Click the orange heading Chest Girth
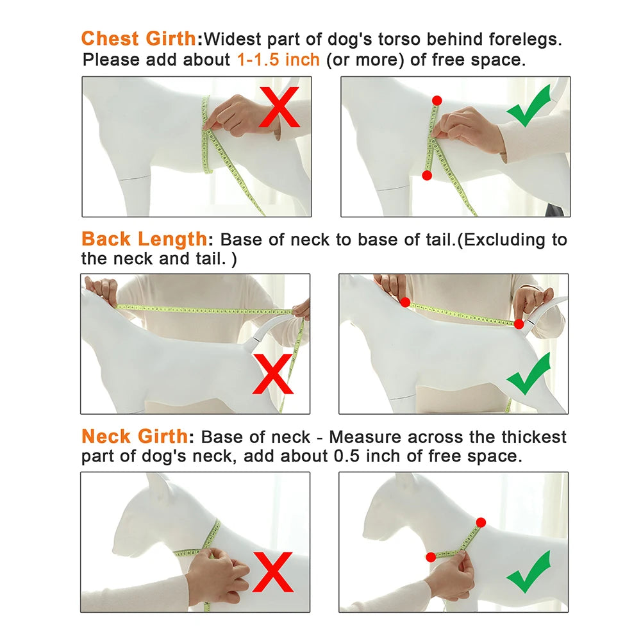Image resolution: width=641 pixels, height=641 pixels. tap(138, 39)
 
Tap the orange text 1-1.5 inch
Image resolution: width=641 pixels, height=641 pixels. tap(278, 60)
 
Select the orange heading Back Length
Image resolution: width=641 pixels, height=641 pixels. tap(144, 238)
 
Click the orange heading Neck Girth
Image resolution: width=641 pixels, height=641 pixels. tap(135, 436)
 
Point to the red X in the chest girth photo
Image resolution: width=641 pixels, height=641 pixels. tap(279, 107)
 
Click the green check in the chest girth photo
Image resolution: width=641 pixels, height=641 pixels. tap(529, 106)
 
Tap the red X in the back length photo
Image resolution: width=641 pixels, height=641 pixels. tap(272, 374)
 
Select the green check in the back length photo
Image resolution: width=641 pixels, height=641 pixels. tap(529, 374)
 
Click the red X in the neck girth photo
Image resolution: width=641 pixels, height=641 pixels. tap(272, 572)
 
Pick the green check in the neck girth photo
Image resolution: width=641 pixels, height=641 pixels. tap(529, 572)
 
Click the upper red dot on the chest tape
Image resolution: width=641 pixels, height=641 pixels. tap(437, 101)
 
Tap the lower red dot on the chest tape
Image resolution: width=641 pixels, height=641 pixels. tap(427, 176)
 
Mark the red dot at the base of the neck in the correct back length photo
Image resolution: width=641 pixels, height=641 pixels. tap(405, 303)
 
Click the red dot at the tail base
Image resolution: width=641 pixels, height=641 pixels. tap(519, 324)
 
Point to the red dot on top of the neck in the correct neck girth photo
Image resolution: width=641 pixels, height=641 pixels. tap(481, 522)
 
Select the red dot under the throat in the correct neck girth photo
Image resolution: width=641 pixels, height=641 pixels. tap(431, 557)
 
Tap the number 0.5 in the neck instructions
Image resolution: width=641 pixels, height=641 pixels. tap(347, 456)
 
